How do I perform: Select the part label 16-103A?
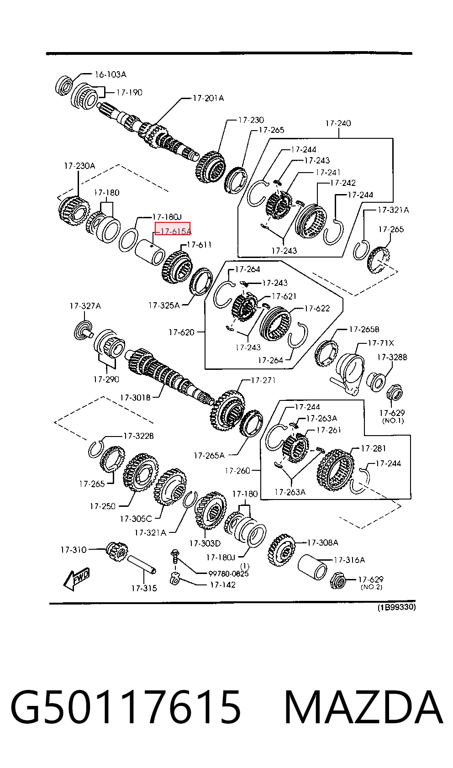[111, 74]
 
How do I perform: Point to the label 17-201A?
[208, 99]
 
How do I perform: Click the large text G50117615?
[126, 707]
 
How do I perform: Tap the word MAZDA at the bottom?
[363, 707]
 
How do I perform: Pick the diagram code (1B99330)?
[396, 607]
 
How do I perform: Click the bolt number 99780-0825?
[228, 573]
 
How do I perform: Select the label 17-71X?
[381, 343]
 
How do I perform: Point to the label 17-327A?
[85, 306]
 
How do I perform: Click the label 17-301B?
[135, 398]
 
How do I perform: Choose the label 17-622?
[317, 309]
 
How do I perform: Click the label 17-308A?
[322, 542]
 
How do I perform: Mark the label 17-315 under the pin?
[144, 589]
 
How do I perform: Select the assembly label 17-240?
[338, 123]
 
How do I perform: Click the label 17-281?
[373, 448]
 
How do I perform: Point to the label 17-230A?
[79, 166]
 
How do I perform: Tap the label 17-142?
[222, 585]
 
